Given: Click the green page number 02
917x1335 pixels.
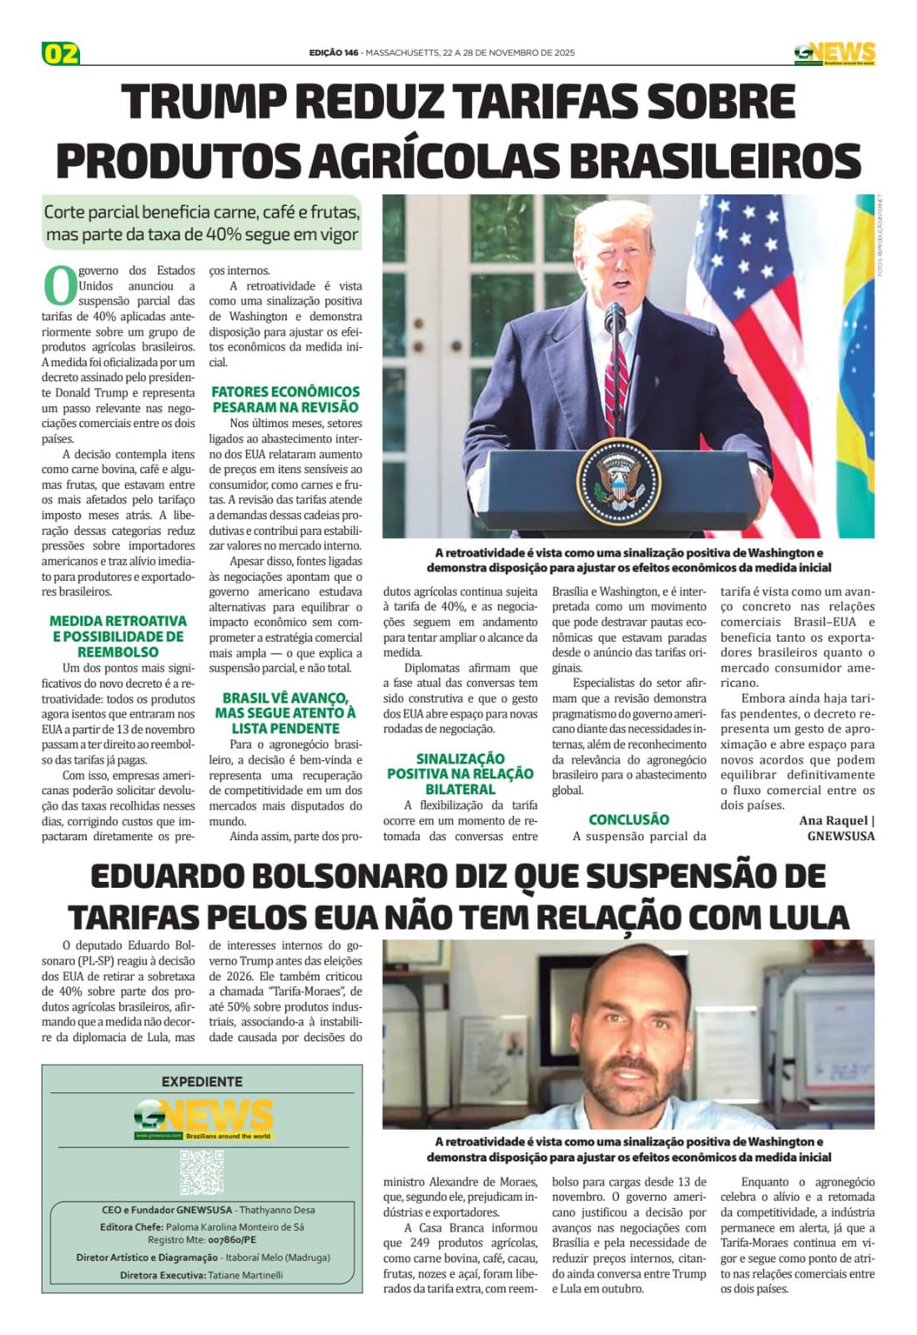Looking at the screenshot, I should pyautogui.click(x=61, y=53).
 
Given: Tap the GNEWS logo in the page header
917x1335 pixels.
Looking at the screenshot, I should pyautogui.click(x=834, y=53).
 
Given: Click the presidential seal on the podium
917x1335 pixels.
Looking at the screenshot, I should pyautogui.click(x=618, y=480).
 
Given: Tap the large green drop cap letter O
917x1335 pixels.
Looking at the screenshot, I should pyautogui.click(x=59, y=285).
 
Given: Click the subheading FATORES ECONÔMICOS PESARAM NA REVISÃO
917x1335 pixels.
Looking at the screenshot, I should pyautogui.click(x=285, y=400).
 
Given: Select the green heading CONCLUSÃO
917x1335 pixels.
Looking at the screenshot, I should pyautogui.click(x=628, y=819).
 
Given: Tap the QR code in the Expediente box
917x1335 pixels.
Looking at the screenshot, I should pyautogui.click(x=202, y=1171).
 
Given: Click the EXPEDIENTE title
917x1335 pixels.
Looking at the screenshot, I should pyautogui.click(x=202, y=1081).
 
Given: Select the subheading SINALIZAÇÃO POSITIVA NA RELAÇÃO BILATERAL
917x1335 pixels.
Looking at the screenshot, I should pyautogui.click(x=460, y=773).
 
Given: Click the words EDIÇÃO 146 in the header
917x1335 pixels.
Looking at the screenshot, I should pyautogui.click(x=334, y=53).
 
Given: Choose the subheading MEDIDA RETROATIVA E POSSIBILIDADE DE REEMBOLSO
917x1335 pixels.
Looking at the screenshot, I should pyautogui.click(x=118, y=637).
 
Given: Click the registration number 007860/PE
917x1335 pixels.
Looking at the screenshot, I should pyautogui.click(x=232, y=1240).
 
